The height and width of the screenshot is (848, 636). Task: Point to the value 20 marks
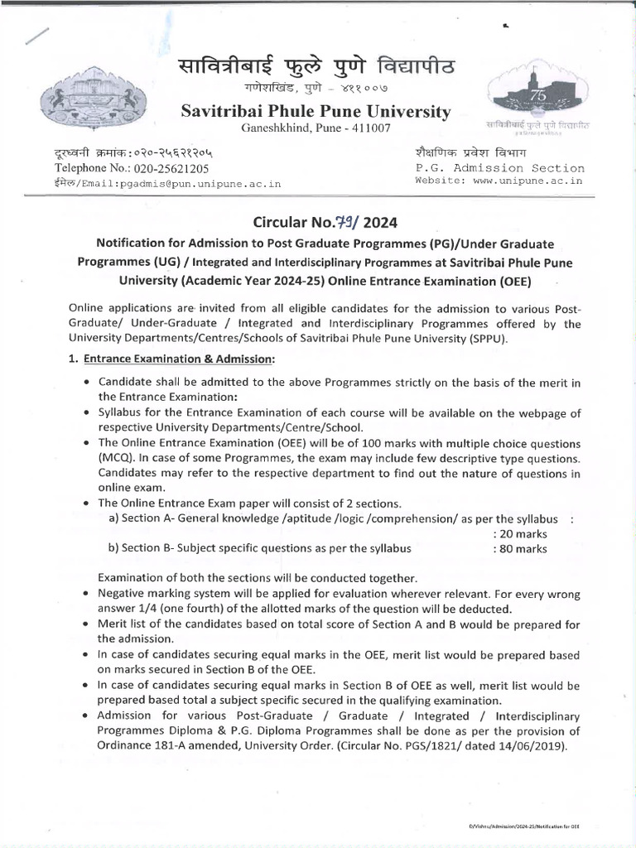point(519,534)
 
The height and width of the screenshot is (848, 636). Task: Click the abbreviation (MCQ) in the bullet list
point(116,459)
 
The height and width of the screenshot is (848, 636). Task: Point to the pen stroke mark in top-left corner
point(39,38)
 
